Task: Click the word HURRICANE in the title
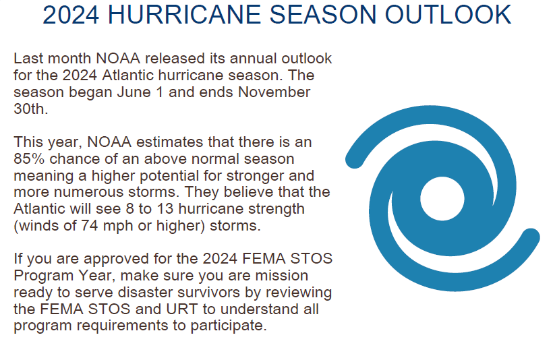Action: click(x=183, y=14)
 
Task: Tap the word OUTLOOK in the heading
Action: click(x=448, y=14)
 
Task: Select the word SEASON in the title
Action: click(x=322, y=14)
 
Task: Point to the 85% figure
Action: click(x=29, y=158)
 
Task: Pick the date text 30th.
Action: click(x=30, y=109)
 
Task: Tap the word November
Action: click(x=274, y=92)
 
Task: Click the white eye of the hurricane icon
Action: click(x=442, y=198)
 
